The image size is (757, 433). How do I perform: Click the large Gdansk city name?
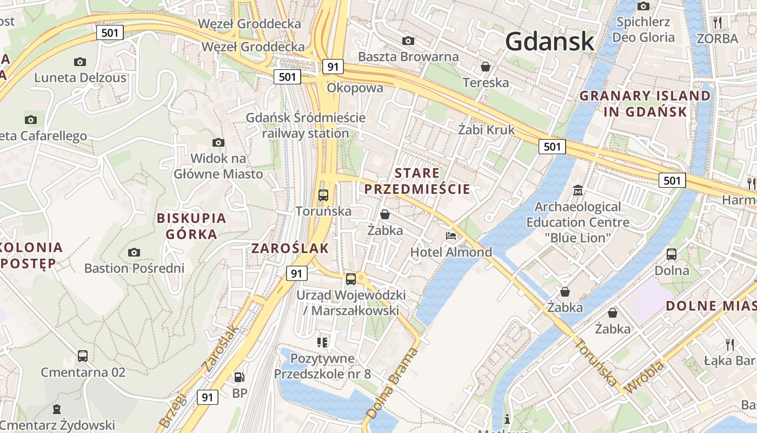(x=549, y=41)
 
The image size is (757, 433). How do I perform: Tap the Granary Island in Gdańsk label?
(x=645, y=104)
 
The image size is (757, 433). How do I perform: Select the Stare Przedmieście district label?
(x=417, y=181)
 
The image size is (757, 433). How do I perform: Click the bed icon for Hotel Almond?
(x=451, y=235)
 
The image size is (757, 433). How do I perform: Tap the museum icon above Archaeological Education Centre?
(x=578, y=191)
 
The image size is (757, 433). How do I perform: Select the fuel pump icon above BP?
(x=239, y=377)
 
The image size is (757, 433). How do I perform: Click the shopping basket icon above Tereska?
(x=486, y=67)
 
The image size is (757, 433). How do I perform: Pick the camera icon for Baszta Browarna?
(x=408, y=41)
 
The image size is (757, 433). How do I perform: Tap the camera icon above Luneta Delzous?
(x=80, y=62)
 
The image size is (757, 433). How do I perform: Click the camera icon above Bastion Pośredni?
(x=134, y=252)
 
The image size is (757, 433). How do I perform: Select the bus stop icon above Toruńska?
(x=323, y=195)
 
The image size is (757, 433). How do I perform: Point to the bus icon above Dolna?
(x=672, y=254)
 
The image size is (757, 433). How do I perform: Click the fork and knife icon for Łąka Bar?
(x=729, y=344)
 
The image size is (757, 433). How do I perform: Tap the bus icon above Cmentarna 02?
(x=83, y=356)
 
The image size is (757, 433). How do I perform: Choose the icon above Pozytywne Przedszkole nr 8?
(x=323, y=342)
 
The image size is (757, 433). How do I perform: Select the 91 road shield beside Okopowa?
(x=333, y=67)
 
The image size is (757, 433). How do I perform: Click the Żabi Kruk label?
(x=487, y=129)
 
